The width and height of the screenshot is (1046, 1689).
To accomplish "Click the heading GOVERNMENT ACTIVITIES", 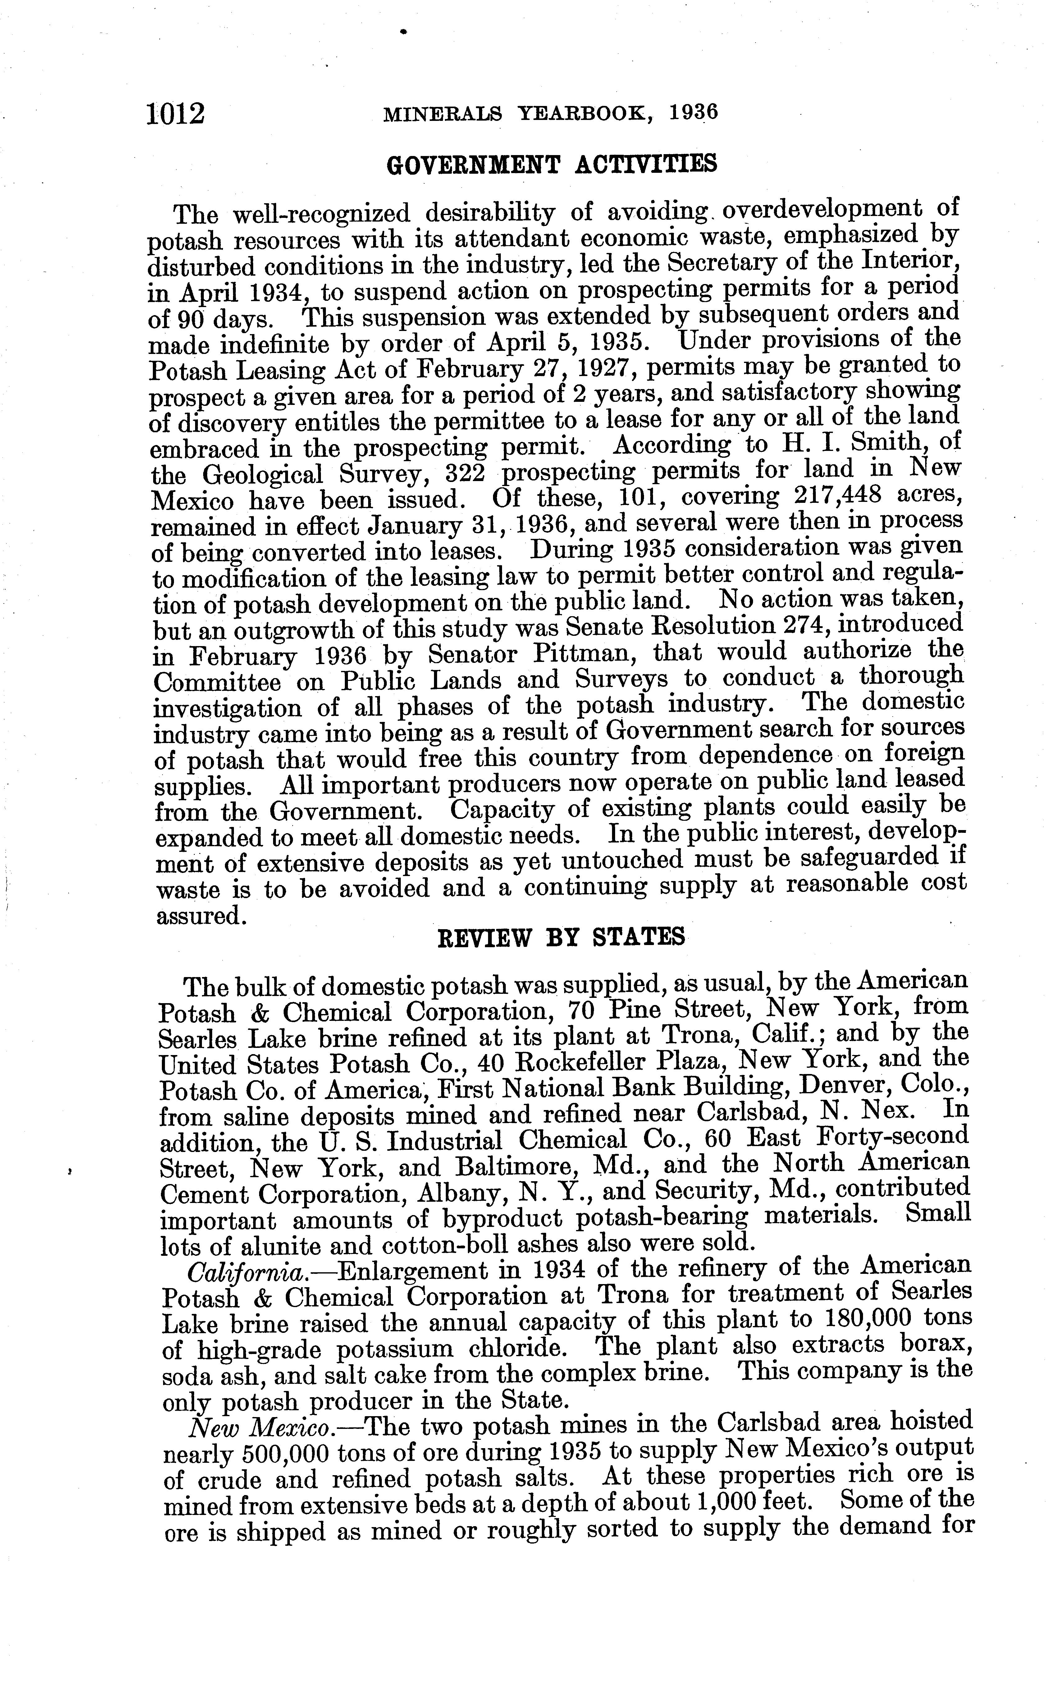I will pyautogui.click(x=551, y=165).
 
